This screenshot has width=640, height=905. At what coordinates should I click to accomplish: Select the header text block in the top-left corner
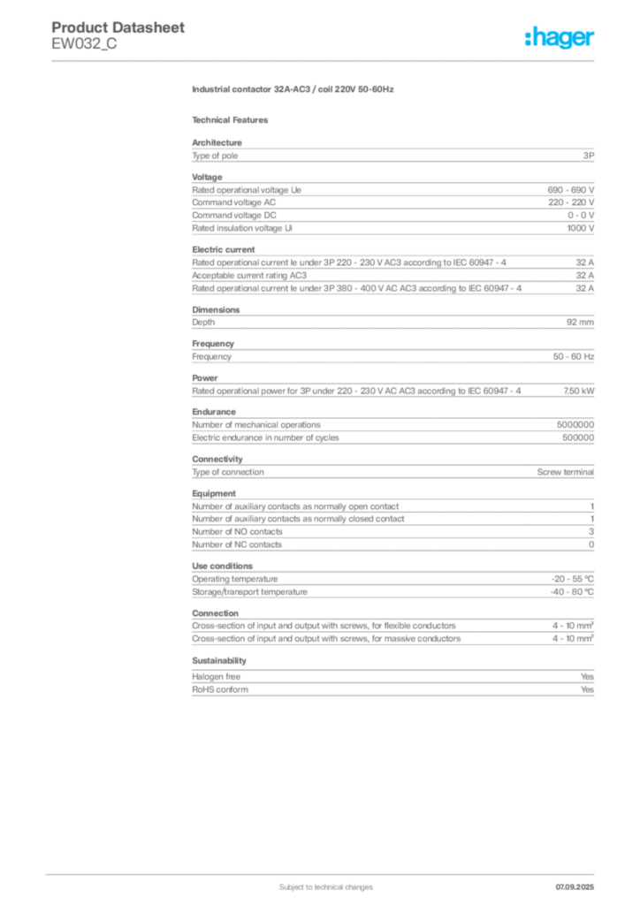tap(119, 35)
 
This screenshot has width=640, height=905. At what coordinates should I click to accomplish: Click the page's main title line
tap(293, 91)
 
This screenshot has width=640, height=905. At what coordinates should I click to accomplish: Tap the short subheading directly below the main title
tap(233, 120)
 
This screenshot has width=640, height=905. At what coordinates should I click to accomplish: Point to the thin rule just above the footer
tap(325, 871)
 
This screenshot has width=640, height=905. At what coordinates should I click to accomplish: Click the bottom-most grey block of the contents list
tap(392, 687)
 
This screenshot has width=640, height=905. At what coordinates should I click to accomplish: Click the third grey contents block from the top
tap(392, 272)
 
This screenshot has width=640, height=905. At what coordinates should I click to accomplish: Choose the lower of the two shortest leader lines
tap(509, 638)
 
